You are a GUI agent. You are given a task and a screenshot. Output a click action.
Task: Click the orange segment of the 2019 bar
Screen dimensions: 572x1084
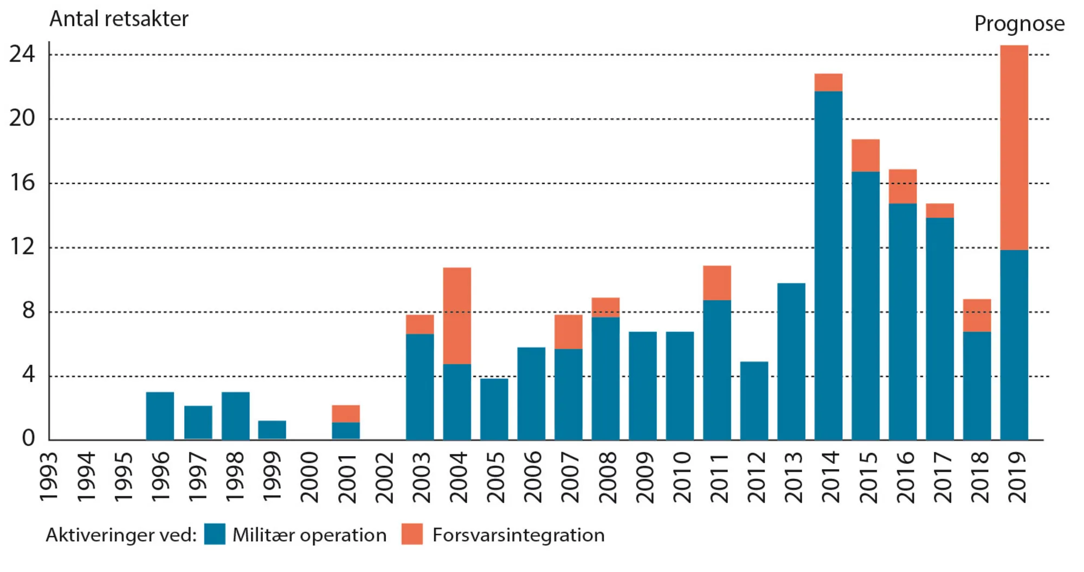click(1014, 147)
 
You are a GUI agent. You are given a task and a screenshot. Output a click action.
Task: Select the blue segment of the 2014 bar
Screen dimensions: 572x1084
click(828, 265)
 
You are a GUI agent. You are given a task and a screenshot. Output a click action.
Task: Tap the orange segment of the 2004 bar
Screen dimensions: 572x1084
click(457, 315)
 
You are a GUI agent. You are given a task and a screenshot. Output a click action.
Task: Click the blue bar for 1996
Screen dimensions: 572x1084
click(160, 415)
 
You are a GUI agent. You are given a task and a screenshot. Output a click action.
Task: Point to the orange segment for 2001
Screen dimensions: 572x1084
click(346, 413)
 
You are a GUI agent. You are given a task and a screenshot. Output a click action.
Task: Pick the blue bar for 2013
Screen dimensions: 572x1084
click(791, 361)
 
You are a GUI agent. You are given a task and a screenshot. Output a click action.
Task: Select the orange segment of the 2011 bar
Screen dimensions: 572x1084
click(717, 283)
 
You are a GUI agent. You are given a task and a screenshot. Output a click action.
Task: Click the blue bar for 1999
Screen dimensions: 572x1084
click(272, 430)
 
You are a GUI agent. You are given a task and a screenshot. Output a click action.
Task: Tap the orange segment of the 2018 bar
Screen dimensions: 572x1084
click(977, 315)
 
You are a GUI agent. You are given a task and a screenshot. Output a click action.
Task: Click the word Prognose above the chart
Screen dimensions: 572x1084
click(1019, 24)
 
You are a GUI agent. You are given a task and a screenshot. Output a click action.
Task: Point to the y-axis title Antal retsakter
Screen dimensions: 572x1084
click(119, 19)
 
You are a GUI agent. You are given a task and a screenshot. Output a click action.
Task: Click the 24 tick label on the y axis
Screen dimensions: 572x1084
click(22, 54)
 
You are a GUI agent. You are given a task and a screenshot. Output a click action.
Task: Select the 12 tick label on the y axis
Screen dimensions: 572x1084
click(22, 247)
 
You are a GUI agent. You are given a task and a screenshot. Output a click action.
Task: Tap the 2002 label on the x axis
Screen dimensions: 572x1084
click(384, 478)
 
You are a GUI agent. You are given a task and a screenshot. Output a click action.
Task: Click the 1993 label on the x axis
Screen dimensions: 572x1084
click(49, 478)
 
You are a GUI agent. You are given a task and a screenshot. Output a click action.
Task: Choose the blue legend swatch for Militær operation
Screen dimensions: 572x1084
click(215, 534)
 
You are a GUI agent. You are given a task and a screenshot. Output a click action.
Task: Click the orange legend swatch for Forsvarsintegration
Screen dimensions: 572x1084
click(412, 534)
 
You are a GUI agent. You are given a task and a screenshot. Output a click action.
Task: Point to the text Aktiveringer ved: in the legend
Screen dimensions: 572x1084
click(121, 535)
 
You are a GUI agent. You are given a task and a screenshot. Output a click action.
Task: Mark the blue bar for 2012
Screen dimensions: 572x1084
click(754, 401)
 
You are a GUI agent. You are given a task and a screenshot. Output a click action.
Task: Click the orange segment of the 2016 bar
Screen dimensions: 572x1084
click(902, 186)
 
